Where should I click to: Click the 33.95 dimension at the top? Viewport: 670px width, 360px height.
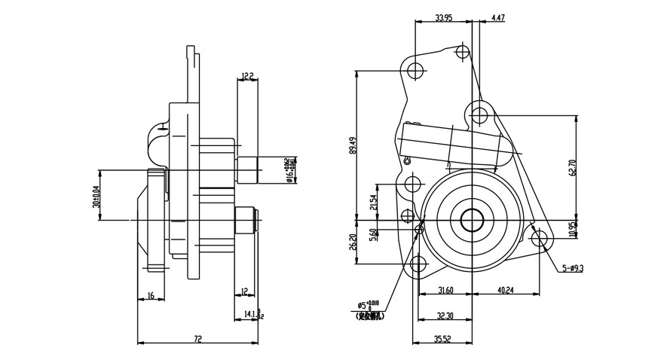(443, 17)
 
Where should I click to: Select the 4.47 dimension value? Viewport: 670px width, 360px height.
(498, 17)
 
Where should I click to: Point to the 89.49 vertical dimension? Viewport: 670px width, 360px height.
(353, 145)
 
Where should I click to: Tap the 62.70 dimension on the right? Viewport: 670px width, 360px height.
(573, 167)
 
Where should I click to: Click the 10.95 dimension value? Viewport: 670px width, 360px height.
(573, 229)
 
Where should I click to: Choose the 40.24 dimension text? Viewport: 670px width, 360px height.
(505, 291)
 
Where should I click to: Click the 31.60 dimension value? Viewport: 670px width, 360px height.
(445, 291)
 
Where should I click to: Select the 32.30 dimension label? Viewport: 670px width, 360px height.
(445, 316)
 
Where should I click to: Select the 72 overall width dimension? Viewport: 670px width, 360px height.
(197, 340)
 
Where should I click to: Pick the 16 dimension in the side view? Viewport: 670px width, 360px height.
(151, 296)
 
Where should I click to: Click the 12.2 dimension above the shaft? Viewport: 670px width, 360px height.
(247, 76)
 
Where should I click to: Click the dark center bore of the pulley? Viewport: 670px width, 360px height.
(472, 220)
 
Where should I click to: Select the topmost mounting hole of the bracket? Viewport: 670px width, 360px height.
(463, 52)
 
